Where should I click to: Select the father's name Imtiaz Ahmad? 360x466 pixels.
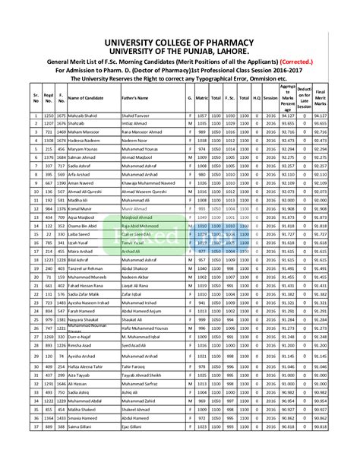click(136, 122)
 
